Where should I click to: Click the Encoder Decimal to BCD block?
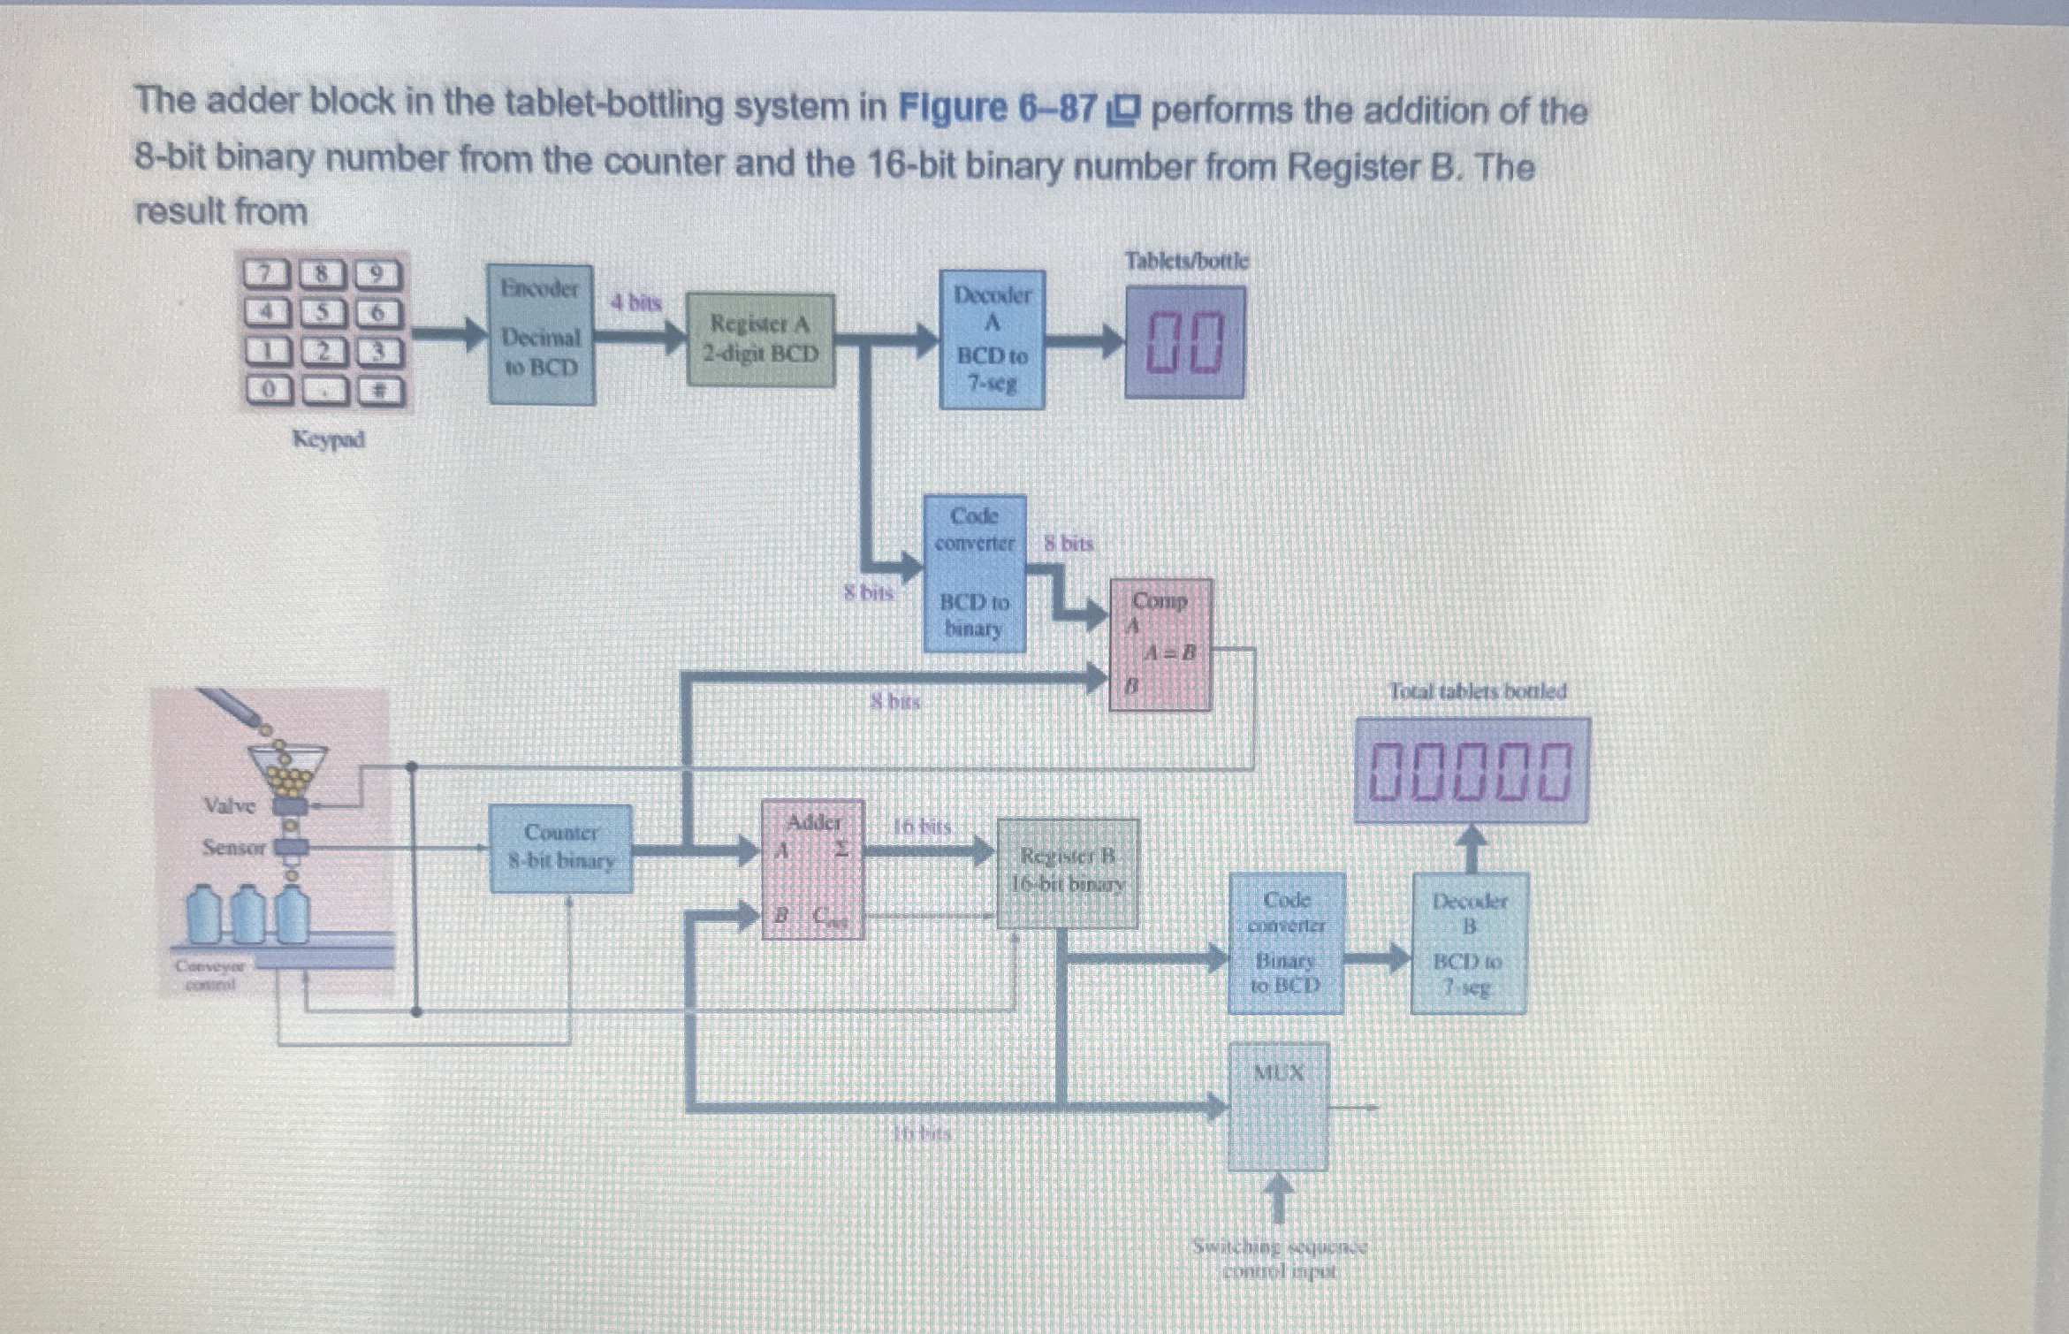coord(541,334)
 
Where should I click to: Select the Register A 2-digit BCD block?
coord(761,340)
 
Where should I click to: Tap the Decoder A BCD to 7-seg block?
coord(992,339)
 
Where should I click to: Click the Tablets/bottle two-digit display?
coord(1185,342)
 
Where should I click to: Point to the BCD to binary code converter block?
coord(974,574)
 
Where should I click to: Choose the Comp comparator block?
coord(1160,644)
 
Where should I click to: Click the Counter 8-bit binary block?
coord(560,848)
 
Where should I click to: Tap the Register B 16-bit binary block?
coord(1067,873)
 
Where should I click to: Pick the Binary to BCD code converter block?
coord(1286,942)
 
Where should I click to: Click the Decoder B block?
coord(1468,942)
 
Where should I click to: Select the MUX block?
coord(1278,1106)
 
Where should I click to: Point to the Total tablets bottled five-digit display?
coord(1472,771)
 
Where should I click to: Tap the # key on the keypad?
coord(378,390)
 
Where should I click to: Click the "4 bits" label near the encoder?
coord(636,303)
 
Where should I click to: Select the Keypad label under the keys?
coord(328,439)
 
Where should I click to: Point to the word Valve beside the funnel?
coord(230,805)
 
